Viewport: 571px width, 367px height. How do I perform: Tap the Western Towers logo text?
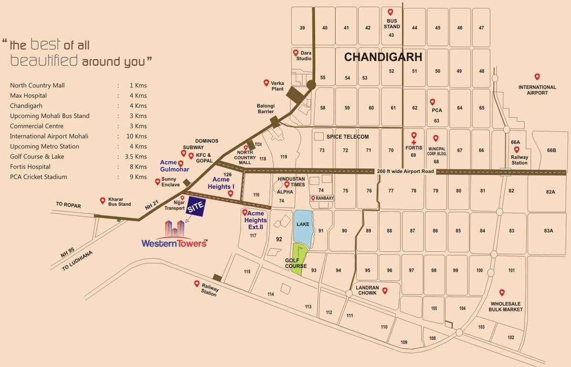174,243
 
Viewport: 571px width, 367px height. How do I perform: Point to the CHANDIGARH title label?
383,57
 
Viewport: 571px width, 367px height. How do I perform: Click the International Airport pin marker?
537,77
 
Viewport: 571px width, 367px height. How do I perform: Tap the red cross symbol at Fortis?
414,142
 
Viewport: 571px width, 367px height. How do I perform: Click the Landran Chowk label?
367,291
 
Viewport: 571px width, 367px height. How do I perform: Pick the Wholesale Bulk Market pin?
502,292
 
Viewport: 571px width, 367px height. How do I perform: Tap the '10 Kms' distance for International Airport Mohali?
137,136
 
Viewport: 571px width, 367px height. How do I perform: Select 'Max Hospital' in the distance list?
28,96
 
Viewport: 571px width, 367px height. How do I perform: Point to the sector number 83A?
548,231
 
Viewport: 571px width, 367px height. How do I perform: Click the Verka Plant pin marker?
266,83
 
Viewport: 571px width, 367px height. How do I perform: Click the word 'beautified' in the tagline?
44,61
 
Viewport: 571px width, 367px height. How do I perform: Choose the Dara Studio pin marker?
296,53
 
